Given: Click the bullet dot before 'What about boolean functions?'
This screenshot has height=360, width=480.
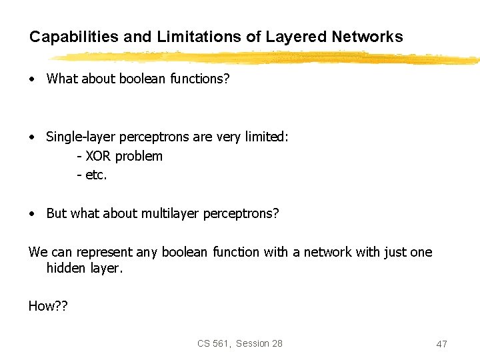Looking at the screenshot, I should (x=32, y=79).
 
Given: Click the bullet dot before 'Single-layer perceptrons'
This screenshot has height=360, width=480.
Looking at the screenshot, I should (x=32, y=137).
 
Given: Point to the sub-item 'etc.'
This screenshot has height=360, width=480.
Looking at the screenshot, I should (x=96, y=176).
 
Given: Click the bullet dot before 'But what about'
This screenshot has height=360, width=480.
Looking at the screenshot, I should (x=32, y=215).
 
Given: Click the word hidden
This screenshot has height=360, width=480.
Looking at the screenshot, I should (x=65, y=269).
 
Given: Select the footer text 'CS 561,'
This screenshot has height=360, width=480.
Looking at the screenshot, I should (x=214, y=343).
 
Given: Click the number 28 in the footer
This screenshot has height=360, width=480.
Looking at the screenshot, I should (x=276, y=343).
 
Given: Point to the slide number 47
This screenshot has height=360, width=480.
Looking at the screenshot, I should (x=441, y=344).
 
